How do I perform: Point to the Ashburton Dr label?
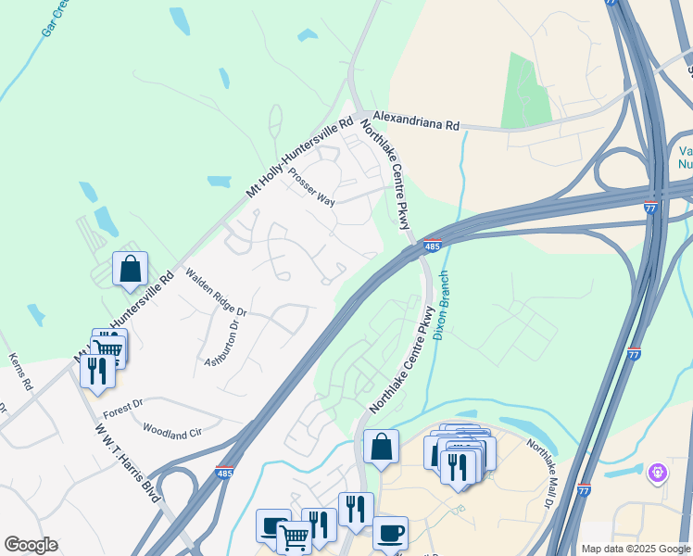pos(222,341)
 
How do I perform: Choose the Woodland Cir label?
pos(172,430)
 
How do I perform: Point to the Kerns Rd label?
pos(21,371)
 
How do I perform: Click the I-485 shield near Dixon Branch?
pos(432,246)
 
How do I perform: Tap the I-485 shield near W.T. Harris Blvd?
pos(225,473)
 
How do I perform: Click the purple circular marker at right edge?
pos(658,474)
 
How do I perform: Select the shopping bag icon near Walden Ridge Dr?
pos(131,269)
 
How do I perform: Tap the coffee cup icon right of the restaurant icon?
pos(390,533)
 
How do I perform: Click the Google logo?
pos(31,545)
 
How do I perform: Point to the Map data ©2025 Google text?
pos(635,549)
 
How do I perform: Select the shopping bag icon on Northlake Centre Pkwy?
pos(381,447)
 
